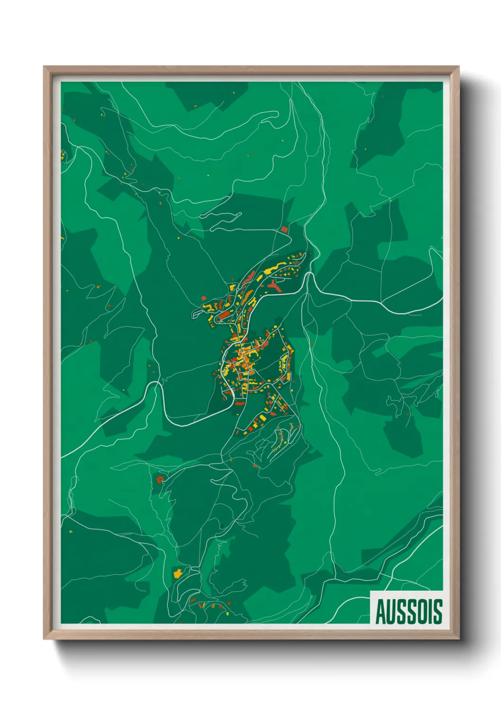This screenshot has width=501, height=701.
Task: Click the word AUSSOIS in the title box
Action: click(x=409, y=611)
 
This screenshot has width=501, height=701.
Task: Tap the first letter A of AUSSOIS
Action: click(x=381, y=611)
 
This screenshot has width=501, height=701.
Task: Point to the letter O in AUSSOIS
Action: click(x=423, y=611)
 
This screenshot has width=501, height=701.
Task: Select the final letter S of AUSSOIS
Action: click(x=438, y=611)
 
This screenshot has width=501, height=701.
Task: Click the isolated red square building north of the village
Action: click(x=284, y=229)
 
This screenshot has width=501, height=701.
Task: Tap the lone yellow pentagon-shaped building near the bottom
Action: click(x=178, y=574)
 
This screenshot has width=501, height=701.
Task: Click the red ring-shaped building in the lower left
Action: click(x=160, y=479)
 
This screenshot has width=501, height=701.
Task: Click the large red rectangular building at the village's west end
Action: click(x=224, y=315)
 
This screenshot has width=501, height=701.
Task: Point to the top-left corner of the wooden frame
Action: click(x=45, y=67)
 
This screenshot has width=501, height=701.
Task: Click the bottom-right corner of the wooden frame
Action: click(x=458, y=638)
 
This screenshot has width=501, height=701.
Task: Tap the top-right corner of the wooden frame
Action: click(x=458, y=67)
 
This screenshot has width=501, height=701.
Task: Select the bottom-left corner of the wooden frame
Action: click(x=45, y=638)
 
